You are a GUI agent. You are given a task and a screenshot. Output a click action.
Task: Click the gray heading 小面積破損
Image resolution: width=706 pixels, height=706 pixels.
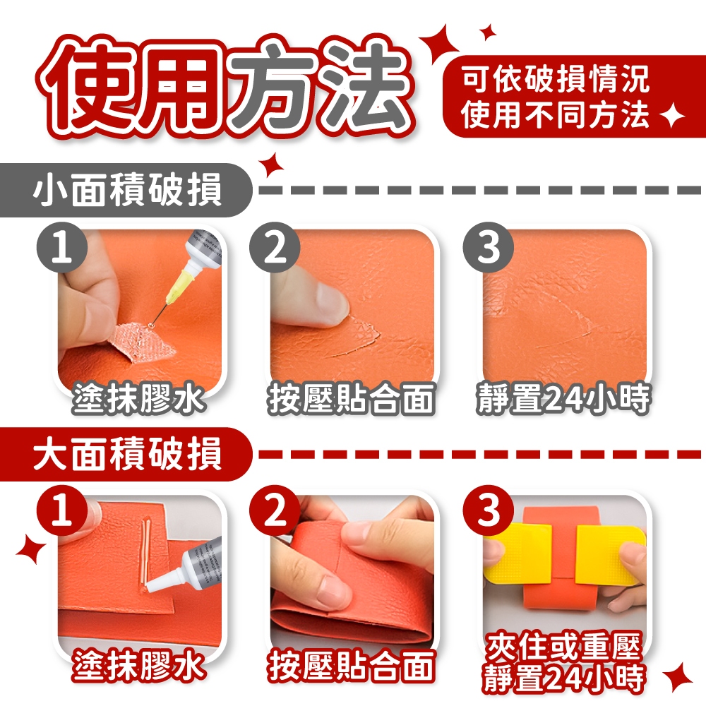(x=127, y=189)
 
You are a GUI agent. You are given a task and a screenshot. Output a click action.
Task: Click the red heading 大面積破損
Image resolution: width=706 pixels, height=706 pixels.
(x=127, y=454)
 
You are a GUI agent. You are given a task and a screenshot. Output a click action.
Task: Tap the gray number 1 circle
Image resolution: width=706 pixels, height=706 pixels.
(x=62, y=247)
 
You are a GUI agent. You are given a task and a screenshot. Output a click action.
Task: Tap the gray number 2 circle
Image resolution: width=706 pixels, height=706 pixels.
(x=275, y=247)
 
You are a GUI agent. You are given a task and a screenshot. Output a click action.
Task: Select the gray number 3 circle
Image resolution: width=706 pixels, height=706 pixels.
(x=488, y=247)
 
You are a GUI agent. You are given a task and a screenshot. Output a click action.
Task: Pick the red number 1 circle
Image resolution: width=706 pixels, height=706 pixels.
(x=62, y=510)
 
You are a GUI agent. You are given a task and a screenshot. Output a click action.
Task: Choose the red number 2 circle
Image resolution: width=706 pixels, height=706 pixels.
(x=275, y=510)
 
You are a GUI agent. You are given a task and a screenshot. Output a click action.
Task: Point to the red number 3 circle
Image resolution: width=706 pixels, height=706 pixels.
(x=488, y=510)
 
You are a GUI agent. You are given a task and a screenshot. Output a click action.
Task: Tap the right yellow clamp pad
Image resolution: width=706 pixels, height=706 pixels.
(x=610, y=553)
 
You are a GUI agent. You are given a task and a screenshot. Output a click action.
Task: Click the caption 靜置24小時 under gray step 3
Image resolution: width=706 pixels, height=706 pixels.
(x=563, y=398)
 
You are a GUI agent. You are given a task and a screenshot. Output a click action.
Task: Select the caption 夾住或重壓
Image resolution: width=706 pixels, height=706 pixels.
(x=563, y=647)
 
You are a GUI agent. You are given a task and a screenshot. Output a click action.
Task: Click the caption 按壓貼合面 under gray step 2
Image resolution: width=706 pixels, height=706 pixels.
(x=352, y=398)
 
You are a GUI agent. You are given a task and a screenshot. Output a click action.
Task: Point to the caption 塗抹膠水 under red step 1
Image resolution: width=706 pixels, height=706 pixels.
(x=138, y=664)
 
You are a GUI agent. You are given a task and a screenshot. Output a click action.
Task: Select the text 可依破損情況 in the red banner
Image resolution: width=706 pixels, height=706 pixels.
(x=556, y=79)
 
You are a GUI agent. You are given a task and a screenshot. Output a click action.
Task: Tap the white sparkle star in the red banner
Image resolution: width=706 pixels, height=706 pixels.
(x=671, y=115)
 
